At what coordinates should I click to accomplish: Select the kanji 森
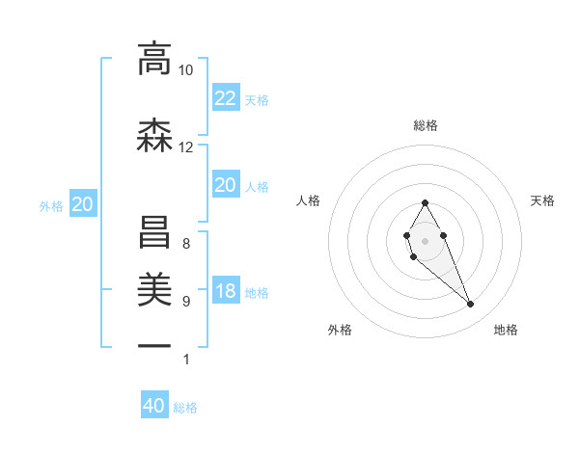click(154, 135)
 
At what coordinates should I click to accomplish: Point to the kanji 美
click(154, 287)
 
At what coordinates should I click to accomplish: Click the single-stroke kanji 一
click(154, 345)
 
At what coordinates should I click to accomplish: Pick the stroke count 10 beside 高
click(185, 70)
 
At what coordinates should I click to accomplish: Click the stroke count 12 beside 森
click(185, 147)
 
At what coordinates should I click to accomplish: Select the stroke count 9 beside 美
click(185, 302)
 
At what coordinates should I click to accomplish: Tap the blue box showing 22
click(225, 97)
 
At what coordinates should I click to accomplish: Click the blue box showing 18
click(225, 291)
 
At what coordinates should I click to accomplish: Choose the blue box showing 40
click(154, 406)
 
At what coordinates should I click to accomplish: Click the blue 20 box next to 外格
click(82, 204)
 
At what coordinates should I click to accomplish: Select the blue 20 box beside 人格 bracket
click(225, 185)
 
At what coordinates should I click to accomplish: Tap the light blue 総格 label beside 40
click(185, 408)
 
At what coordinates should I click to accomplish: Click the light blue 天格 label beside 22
click(257, 99)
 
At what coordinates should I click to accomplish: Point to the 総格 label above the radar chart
click(426, 125)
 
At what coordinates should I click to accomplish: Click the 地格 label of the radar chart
click(506, 330)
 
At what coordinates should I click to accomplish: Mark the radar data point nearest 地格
click(471, 305)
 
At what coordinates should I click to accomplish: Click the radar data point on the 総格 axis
click(425, 202)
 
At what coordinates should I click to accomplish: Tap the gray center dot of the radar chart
click(425, 239)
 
